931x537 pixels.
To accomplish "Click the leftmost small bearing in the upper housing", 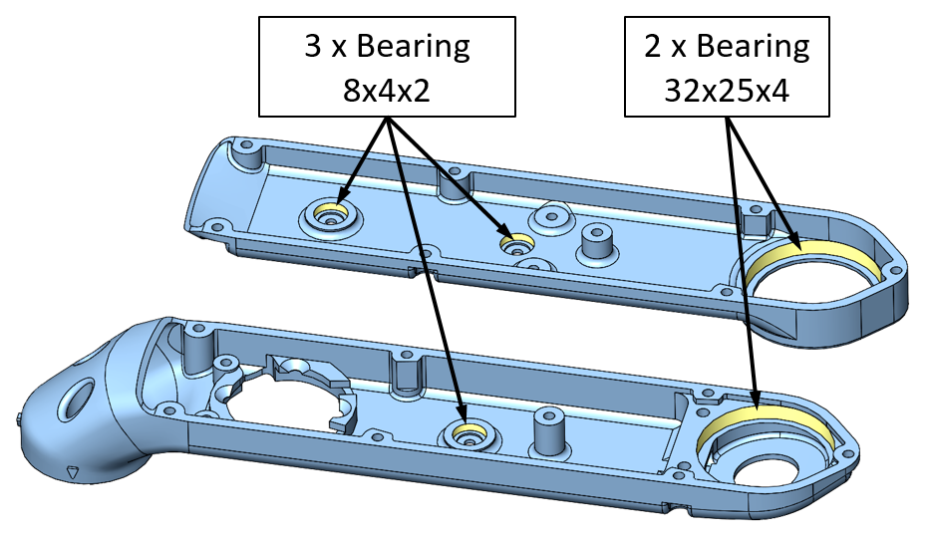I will (329, 212).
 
